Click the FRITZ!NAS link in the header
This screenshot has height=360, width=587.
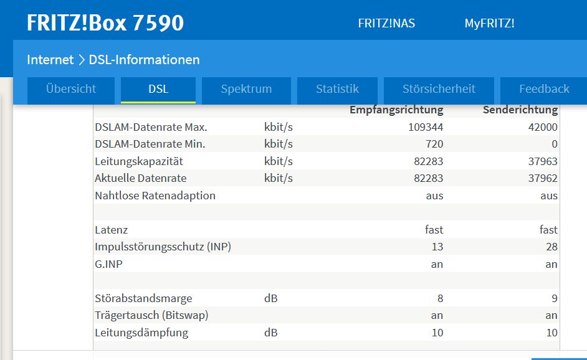[386, 24]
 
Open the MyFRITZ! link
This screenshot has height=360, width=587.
[489, 24]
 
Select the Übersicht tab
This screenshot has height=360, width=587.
[71, 89]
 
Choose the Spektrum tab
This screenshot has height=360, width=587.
[246, 89]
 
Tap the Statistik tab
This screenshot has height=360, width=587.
[337, 89]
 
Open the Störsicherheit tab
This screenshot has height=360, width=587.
[439, 89]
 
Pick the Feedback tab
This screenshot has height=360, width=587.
[544, 89]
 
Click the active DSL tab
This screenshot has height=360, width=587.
[158, 89]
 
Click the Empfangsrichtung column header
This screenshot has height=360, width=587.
[396, 110]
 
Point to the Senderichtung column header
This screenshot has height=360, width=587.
[520, 110]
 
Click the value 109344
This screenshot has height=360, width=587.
[426, 128]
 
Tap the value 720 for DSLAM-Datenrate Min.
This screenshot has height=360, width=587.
[434, 144]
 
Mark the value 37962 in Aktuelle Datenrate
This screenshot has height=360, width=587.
[542, 178]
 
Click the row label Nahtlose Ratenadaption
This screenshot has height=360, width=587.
[155, 196]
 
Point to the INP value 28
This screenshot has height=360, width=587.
[551, 247]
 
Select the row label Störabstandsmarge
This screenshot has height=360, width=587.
[143, 298]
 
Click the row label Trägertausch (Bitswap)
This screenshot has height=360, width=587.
[151, 315]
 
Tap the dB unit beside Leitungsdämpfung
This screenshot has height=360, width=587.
[271, 333]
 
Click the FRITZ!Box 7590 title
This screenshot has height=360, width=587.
[105, 23]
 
